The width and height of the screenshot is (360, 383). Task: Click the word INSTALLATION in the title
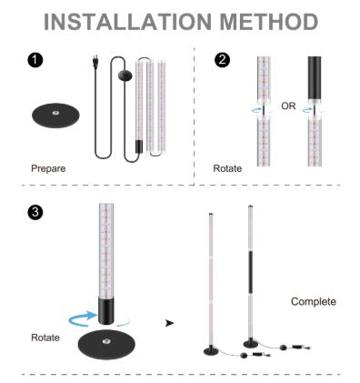[127, 22]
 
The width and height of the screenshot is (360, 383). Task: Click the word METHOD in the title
[268, 22]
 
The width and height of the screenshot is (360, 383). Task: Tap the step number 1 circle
[35, 60]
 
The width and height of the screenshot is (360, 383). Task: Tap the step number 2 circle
[222, 60]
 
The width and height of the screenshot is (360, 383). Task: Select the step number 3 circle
[35, 212]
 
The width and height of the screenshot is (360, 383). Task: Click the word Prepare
[48, 168]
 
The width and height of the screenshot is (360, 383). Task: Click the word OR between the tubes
[288, 106]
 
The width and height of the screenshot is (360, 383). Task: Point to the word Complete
[314, 301]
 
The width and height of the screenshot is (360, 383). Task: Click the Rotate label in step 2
[227, 168]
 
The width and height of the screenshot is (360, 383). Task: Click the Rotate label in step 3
[45, 338]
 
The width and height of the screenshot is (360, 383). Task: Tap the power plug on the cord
[95, 62]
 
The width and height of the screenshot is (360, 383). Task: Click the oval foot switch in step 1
[125, 76]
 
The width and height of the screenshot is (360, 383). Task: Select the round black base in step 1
[55, 116]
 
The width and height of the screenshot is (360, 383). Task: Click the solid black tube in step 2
[315, 78]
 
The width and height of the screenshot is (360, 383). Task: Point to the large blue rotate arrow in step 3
[83, 317]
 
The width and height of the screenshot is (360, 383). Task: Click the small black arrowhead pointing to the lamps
[170, 323]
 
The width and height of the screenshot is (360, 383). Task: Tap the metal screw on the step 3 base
[105, 340]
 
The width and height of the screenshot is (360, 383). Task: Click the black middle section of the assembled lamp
[251, 272]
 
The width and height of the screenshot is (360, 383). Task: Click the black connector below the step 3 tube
[106, 310]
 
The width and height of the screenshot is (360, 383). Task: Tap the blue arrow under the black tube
[307, 110]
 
